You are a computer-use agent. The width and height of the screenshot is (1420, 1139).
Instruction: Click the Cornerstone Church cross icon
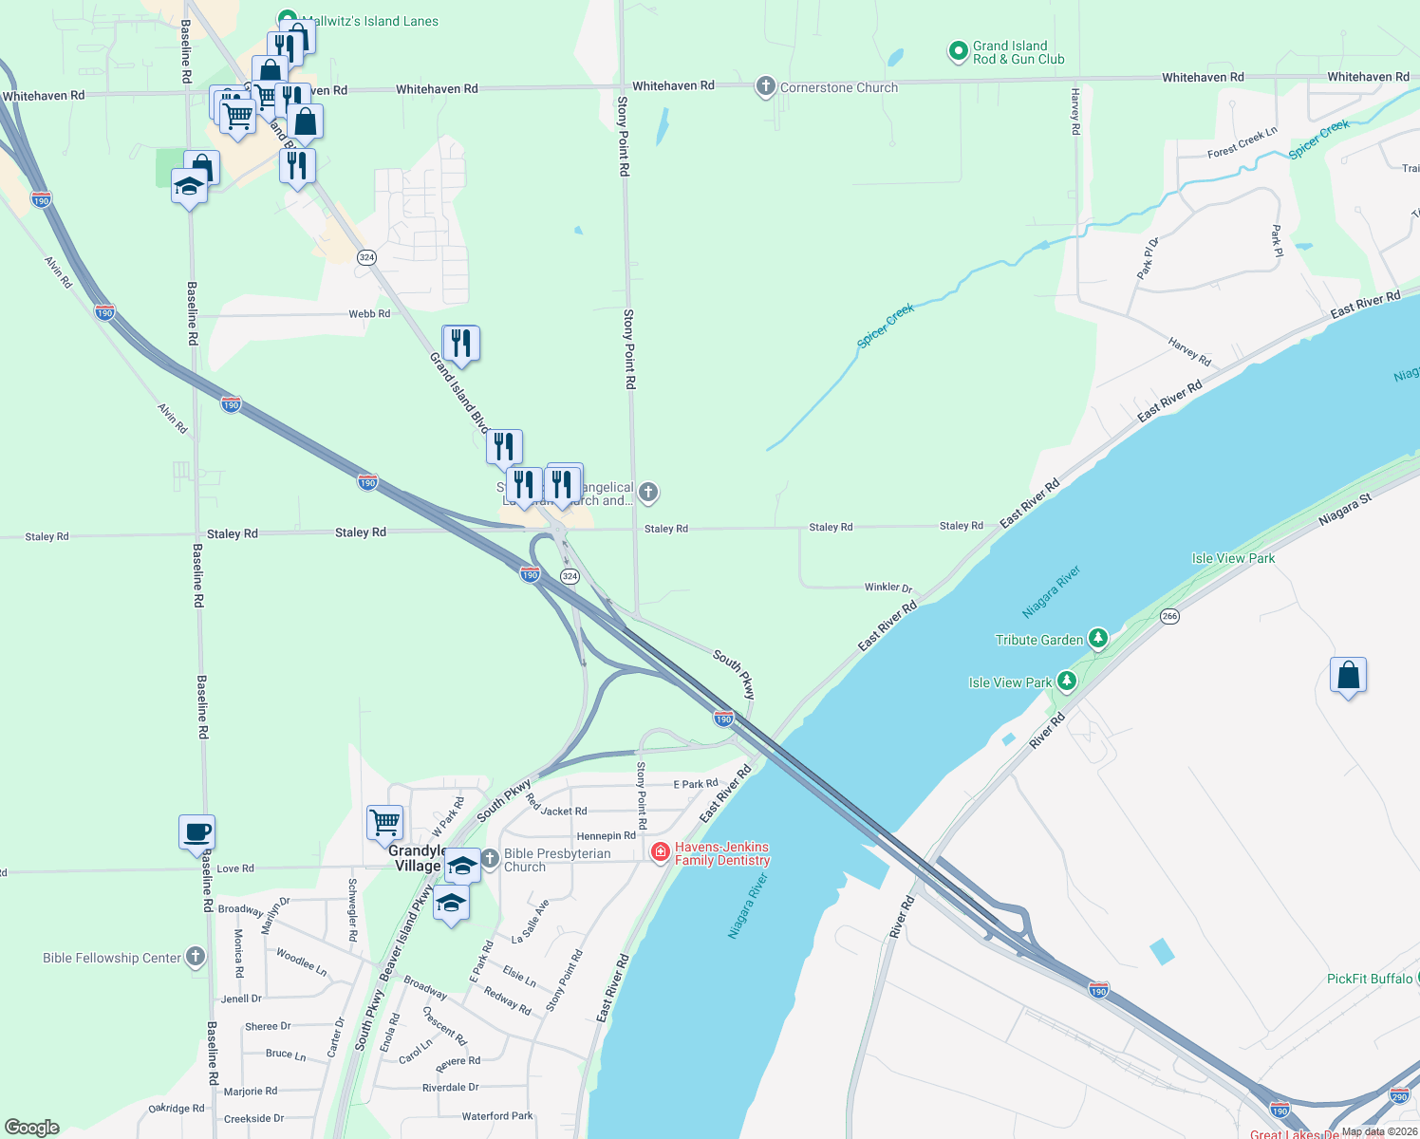coord(765,87)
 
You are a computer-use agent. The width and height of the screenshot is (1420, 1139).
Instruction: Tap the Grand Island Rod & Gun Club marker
coord(958,51)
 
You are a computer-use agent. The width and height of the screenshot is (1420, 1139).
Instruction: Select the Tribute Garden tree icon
coord(1098,638)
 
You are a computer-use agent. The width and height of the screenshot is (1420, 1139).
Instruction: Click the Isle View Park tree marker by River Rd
coord(1067,681)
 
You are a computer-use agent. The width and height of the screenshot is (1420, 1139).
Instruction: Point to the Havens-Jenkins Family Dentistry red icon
coord(661,852)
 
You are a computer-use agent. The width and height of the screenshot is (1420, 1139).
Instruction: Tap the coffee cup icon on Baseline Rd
coord(196,832)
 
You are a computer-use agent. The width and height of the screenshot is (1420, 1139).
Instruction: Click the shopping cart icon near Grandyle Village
coord(384,822)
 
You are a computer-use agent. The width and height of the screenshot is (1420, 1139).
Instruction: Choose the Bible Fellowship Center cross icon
coord(196,957)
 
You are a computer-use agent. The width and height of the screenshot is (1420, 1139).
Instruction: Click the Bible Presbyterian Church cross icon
coord(490,859)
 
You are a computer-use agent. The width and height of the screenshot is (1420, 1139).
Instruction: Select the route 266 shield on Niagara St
coord(1169,616)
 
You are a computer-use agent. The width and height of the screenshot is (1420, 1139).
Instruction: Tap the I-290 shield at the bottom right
coord(1399,1096)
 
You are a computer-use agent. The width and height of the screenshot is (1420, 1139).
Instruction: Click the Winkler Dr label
coord(887,588)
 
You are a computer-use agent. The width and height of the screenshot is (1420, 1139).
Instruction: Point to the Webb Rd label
coord(369,314)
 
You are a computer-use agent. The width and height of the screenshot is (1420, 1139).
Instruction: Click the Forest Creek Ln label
coord(1242,143)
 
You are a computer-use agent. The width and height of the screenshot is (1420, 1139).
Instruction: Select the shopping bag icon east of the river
coord(1348,676)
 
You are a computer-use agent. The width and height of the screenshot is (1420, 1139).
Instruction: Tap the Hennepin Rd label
coord(606,836)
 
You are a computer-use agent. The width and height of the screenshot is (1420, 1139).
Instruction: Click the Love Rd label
coord(235,868)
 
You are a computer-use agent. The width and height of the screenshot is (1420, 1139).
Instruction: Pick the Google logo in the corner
coord(32,1128)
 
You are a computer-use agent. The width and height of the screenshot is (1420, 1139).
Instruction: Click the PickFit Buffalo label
coord(1369,979)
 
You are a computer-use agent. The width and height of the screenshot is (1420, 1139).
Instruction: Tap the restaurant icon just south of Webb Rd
coord(461,344)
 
